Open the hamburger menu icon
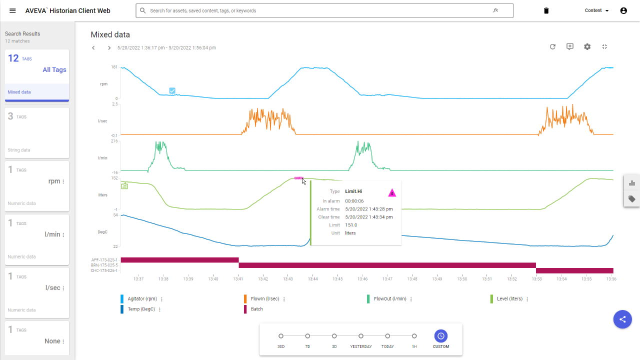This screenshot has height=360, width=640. point(12,10)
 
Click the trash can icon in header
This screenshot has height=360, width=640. point(546,10)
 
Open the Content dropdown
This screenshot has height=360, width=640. point(596,10)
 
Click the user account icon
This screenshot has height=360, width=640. point(623,10)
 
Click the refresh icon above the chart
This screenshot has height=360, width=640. point(552,46)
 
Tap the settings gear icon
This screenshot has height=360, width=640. point(587,46)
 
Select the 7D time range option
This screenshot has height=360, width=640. point(307,336)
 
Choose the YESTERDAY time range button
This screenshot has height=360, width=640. point(361,336)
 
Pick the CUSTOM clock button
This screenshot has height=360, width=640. point(441,336)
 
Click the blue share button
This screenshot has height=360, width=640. point(622,319)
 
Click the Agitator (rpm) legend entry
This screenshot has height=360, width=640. point(142,299)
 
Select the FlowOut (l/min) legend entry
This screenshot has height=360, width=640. point(390,299)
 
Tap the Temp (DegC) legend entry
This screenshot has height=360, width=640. point(140,309)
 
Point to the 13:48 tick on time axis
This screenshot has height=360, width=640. point(412,279)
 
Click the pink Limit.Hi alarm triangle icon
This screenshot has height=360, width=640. point(392,193)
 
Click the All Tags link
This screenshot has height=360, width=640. point(54,70)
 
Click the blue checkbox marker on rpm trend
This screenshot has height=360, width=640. point(172,91)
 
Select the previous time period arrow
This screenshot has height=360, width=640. point(93,48)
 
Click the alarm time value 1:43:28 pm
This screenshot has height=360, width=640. point(368,209)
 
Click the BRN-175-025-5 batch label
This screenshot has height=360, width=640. point(104,265)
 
